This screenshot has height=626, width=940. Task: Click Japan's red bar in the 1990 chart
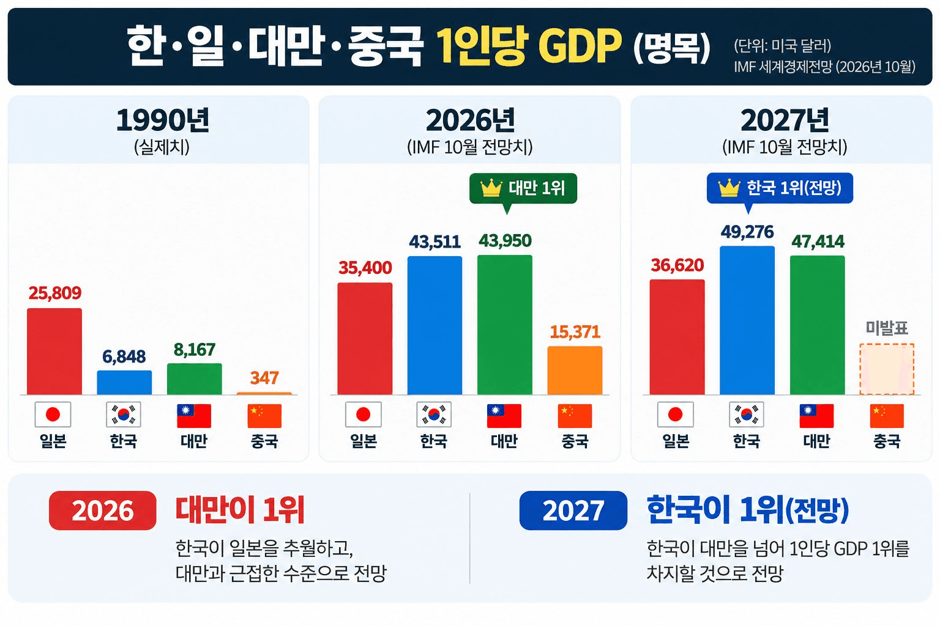tap(54, 352)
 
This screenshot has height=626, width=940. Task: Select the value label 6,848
tap(124, 357)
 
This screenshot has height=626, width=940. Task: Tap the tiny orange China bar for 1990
tap(264, 393)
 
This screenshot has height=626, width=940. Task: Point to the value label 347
tap(264, 378)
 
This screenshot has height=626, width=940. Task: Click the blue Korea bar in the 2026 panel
tap(435, 325)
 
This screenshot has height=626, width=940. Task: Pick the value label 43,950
tap(505, 241)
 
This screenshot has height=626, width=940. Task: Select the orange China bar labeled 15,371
tap(575, 370)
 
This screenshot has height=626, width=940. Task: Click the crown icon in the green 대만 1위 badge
tap(491, 188)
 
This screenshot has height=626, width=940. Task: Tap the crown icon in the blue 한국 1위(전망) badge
tap(729, 188)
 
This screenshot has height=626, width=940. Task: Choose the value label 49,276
tap(747, 232)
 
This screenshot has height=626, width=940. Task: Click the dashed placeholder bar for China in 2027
tap(887, 369)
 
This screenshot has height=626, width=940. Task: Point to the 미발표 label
tap(887, 328)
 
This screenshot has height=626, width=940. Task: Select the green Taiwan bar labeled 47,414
tap(818, 325)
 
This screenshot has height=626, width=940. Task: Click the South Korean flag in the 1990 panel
tap(124, 414)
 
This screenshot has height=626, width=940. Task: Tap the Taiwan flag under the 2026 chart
tap(504, 416)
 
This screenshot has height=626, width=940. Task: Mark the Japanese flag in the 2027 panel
tap(676, 414)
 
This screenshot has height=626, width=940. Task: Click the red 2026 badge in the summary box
tap(102, 510)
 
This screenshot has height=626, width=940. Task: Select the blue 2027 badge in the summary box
tap(573, 510)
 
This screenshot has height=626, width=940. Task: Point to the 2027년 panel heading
tap(785, 121)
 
